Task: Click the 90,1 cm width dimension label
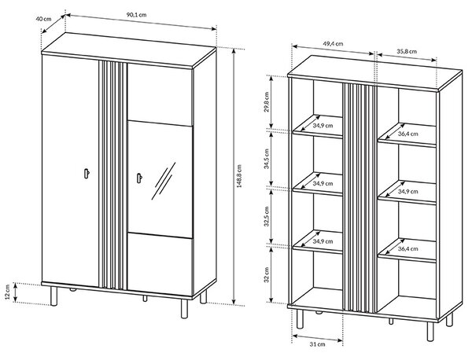point(136,15)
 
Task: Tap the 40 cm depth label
point(43,19)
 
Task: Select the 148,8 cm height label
point(239,176)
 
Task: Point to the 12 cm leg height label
point(8,293)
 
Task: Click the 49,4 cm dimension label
point(333,43)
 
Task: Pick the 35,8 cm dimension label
point(407,51)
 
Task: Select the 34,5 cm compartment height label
point(267,159)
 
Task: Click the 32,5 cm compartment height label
point(267,216)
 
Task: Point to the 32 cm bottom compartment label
point(267,275)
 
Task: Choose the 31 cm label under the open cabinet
point(317,344)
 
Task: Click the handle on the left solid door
point(87,174)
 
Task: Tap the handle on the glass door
point(139,178)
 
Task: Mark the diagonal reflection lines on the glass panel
point(164,181)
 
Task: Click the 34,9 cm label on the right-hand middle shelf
point(408,191)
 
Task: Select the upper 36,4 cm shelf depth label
point(408,134)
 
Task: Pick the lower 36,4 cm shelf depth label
point(408,248)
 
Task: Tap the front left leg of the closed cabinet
point(53,296)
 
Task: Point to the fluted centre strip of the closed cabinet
point(112,175)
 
